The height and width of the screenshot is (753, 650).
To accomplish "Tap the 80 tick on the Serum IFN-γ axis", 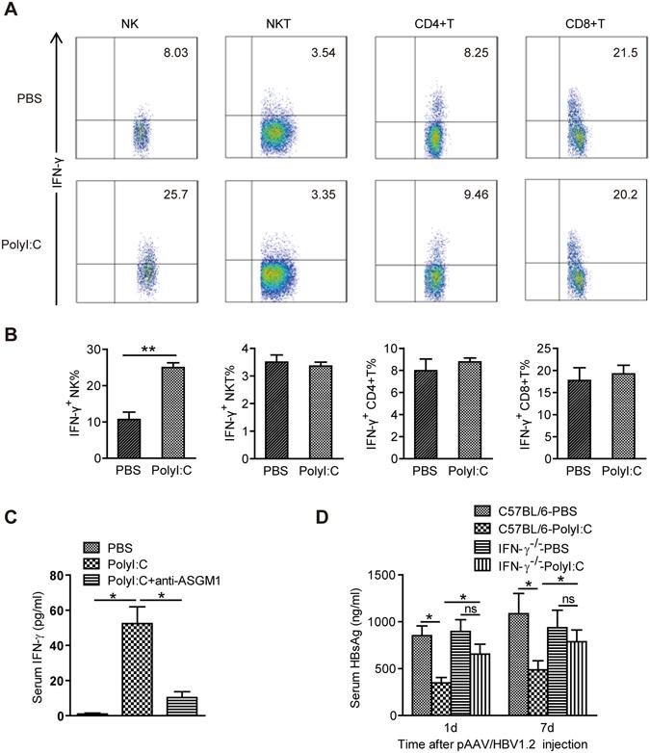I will pyautogui.click(x=65, y=576).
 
